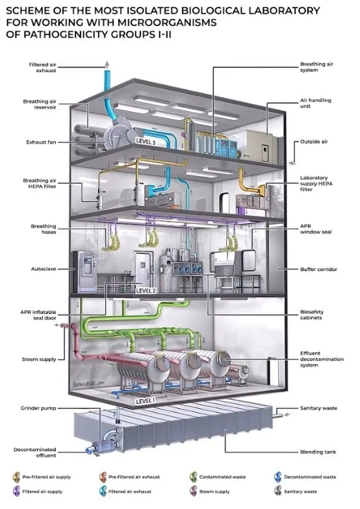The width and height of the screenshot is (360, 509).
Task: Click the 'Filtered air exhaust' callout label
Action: click(42, 68)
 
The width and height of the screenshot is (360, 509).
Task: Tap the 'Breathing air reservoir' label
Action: click(40, 104)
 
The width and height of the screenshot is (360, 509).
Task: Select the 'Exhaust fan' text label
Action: click(41, 142)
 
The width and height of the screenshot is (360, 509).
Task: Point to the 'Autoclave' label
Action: click(44, 268)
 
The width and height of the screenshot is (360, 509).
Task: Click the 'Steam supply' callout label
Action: click(39, 359)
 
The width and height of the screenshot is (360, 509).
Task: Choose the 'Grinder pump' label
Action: click(38, 408)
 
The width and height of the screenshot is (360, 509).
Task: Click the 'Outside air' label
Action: click(314, 142)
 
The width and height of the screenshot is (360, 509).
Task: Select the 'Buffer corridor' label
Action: click(318, 269)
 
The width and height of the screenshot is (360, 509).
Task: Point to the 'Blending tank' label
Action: click(318, 452)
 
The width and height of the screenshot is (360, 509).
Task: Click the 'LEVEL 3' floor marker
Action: click(146, 141)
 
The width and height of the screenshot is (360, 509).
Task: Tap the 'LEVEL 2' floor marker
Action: click(146, 290)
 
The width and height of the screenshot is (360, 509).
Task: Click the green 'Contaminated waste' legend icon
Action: click(194, 477)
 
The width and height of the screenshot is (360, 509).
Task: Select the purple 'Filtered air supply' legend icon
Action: click(16, 491)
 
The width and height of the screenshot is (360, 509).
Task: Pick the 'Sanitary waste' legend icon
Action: click(278, 491)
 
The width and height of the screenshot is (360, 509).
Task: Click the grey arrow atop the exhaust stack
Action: click(107, 64)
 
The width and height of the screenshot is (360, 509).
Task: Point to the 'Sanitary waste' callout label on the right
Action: click(318, 408)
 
